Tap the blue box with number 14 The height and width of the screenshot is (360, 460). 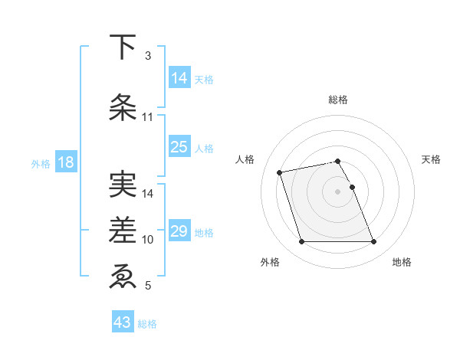tap(179, 77)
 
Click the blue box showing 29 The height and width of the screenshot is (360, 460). tap(179, 231)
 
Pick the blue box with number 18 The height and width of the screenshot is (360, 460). tap(65, 162)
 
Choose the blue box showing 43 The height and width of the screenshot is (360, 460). tap(123, 322)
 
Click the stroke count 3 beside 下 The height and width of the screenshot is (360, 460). tap(147, 56)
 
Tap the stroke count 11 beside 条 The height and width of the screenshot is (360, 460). tap(148, 116)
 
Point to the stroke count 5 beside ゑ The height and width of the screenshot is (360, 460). tap(147, 286)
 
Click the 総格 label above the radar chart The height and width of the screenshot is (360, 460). tap(338, 100)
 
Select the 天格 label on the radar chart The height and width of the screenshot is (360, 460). tap(431, 159)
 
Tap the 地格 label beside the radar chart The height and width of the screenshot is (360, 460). tap(402, 262)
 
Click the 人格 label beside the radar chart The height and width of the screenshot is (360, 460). tap(245, 159)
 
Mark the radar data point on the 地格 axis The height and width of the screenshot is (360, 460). tap(373, 242)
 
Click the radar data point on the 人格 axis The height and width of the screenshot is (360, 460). tap(280, 172)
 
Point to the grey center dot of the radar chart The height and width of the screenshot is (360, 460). tap(338, 191)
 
